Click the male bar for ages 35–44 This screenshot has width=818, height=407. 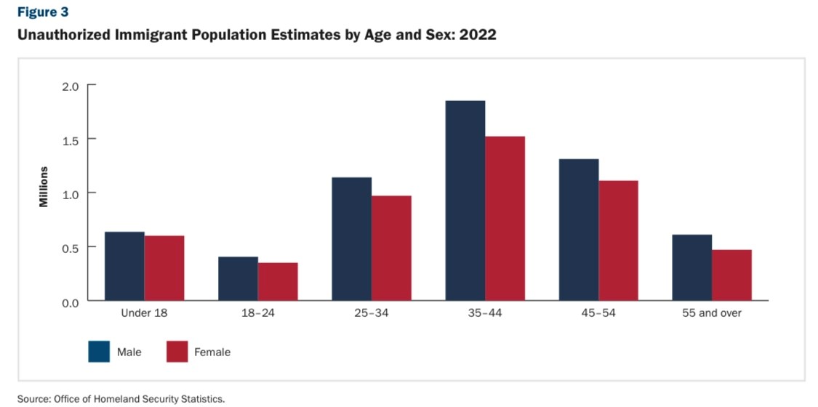[x=465, y=201]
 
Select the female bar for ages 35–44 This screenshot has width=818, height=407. [x=505, y=218]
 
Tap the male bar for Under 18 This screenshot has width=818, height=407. [x=124, y=266]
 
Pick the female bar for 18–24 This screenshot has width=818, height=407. [x=278, y=281]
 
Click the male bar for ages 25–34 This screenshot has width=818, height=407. [x=351, y=238]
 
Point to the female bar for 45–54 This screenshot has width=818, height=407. [x=618, y=241]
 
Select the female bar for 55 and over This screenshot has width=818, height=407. [x=731, y=275]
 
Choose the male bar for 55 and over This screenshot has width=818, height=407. [x=691, y=267]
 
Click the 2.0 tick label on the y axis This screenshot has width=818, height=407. [x=69, y=86]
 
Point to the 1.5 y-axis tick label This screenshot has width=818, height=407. [x=69, y=140]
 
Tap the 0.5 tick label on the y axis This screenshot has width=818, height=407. [x=69, y=247]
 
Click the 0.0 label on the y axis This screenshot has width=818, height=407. [x=69, y=301]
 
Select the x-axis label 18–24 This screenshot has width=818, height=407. [x=258, y=313]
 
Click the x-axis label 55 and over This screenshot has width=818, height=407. [x=712, y=313]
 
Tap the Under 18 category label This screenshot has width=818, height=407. [x=144, y=313]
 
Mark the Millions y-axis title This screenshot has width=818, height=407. [x=44, y=187]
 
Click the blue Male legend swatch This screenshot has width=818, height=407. [x=99, y=352]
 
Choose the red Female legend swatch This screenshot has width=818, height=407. [x=177, y=352]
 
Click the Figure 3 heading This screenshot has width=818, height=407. [x=39, y=12]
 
